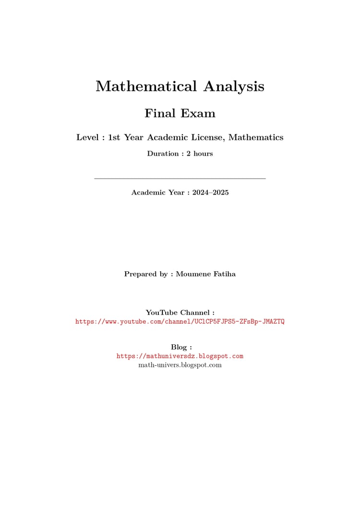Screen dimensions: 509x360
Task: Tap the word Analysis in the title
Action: [234, 86]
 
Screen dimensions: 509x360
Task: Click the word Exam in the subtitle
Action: [198, 113]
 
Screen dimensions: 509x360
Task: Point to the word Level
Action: [88, 137]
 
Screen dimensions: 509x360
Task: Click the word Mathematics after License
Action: [256, 137]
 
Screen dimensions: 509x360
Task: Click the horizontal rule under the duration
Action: [180, 179]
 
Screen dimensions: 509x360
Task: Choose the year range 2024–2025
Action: [210, 193]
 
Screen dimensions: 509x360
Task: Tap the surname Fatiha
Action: [223, 274]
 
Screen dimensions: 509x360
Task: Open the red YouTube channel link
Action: [180, 322]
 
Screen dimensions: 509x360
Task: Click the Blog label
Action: [180, 347]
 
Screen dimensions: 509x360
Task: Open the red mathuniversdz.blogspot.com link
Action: [180, 356]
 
